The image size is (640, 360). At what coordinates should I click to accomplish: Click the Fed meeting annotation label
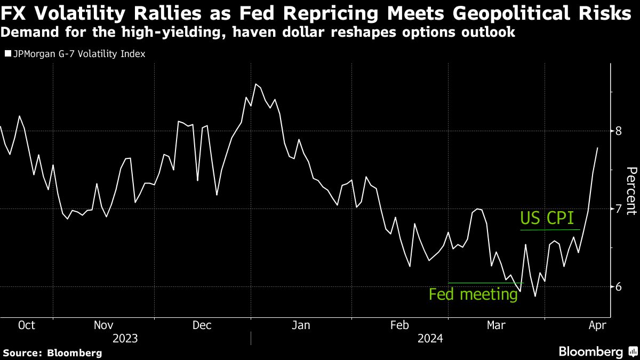pos(473,294)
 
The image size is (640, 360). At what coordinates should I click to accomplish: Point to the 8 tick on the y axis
pos(619,131)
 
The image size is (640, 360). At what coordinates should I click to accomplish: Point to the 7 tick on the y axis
pos(619,209)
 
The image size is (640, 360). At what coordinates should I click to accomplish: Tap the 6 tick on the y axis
pos(619,287)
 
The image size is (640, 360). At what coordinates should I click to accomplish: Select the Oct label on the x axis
pos(26,325)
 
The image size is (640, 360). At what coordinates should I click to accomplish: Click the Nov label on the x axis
pos(104,325)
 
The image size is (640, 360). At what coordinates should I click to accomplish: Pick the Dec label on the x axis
pos(203,325)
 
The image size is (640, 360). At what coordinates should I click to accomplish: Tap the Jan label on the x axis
pos(301,325)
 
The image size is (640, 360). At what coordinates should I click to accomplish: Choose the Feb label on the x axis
pos(400,325)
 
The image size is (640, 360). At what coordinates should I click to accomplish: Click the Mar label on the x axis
pos(497,325)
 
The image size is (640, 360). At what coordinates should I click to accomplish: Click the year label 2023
pos(125,338)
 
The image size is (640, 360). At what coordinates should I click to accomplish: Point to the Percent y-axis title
pos(631,190)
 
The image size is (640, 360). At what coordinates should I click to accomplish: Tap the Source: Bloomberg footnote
pos(52,353)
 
